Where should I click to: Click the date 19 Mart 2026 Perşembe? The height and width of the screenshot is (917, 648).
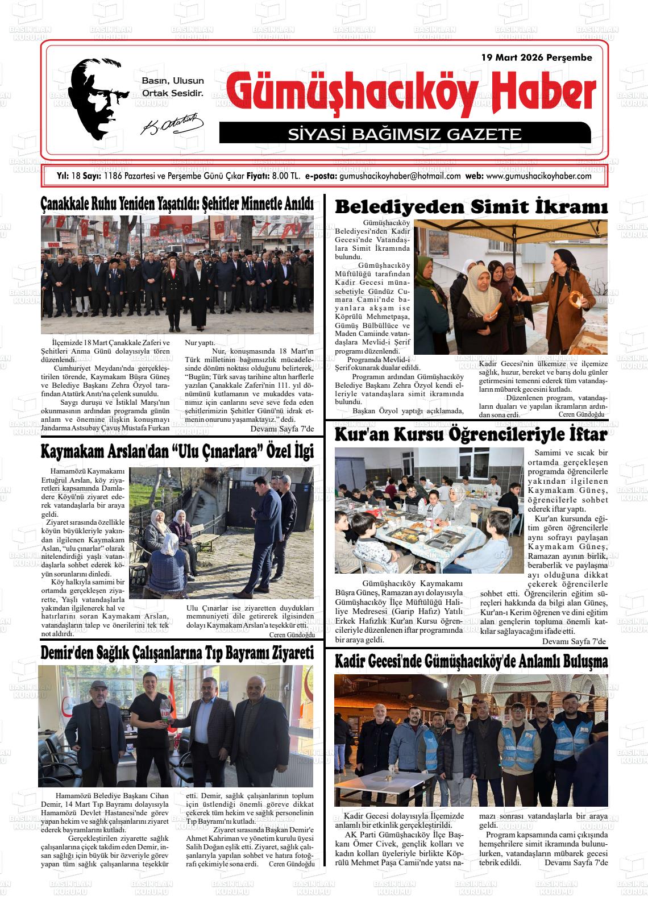(536, 57)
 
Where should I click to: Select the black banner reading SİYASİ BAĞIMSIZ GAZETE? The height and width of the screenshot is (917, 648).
(405, 134)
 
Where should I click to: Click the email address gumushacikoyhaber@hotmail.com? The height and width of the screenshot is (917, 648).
(400, 176)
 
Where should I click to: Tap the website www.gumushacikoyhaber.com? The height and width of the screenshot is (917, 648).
(539, 176)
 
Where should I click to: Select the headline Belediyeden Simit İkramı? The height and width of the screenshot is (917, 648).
(471, 207)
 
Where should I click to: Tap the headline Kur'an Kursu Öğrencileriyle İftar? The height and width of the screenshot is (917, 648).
(471, 435)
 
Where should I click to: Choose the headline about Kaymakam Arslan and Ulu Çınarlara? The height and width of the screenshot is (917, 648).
(177, 452)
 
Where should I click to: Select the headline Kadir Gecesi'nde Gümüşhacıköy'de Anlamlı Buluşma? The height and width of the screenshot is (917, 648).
(471, 662)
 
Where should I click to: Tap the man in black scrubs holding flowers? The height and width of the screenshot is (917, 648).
(151, 722)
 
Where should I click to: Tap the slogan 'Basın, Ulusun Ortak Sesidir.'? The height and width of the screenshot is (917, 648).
(172, 86)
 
